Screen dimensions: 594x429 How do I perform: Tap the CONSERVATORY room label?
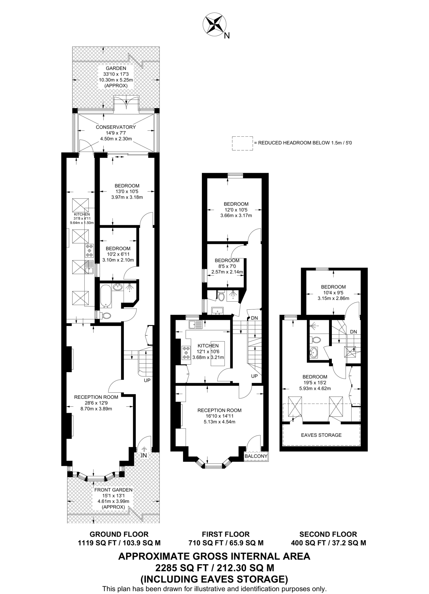click(116, 127)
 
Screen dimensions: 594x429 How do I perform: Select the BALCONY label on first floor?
click(256, 456)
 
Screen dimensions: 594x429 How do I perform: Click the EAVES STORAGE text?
click(321, 435)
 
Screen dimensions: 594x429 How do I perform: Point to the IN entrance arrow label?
click(144, 455)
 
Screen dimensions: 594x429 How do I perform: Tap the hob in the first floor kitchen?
click(186, 353)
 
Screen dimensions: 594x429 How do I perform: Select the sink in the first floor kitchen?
click(196, 325)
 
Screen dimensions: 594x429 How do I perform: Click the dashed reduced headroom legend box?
click(242, 143)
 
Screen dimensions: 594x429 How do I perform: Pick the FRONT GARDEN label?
click(113, 490)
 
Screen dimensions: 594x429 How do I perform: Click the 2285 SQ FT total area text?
click(214, 567)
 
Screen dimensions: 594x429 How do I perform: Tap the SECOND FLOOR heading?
click(328, 534)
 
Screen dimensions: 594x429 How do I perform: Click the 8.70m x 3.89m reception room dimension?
click(96, 409)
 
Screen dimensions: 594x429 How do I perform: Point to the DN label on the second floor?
click(353, 332)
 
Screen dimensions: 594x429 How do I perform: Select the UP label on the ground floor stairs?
click(147, 380)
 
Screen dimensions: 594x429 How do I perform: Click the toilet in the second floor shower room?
click(315, 339)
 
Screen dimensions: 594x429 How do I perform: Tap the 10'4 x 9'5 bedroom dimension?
click(333, 292)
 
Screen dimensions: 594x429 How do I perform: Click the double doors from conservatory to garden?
click(126, 103)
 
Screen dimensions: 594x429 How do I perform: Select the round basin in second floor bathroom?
click(314, 353)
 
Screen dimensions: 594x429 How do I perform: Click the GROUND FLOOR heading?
click(119, 534)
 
